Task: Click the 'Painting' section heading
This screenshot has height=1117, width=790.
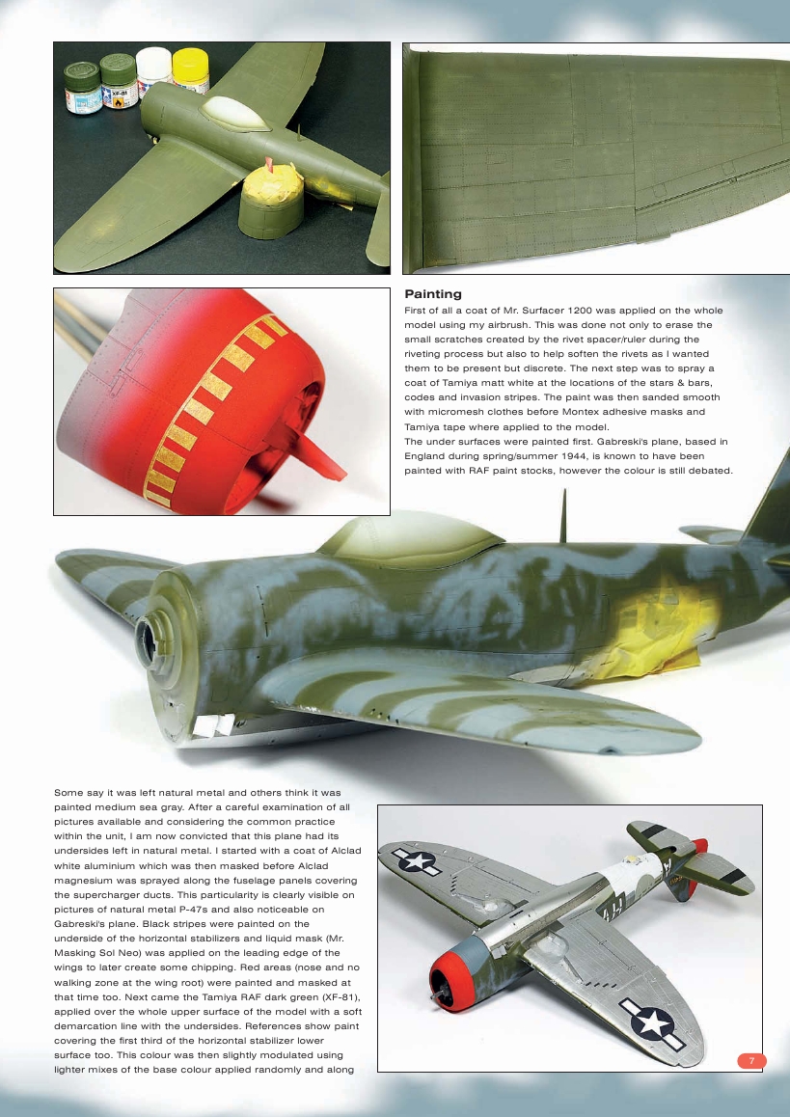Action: point(432,294)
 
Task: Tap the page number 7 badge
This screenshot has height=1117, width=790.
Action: point(751,1061)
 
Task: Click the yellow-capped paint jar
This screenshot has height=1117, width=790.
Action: point(189,70)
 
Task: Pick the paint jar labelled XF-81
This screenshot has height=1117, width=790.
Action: point(118,83)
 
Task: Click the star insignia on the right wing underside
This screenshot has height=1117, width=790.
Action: point(652,1021)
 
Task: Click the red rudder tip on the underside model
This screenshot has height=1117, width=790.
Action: point(700,846)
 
